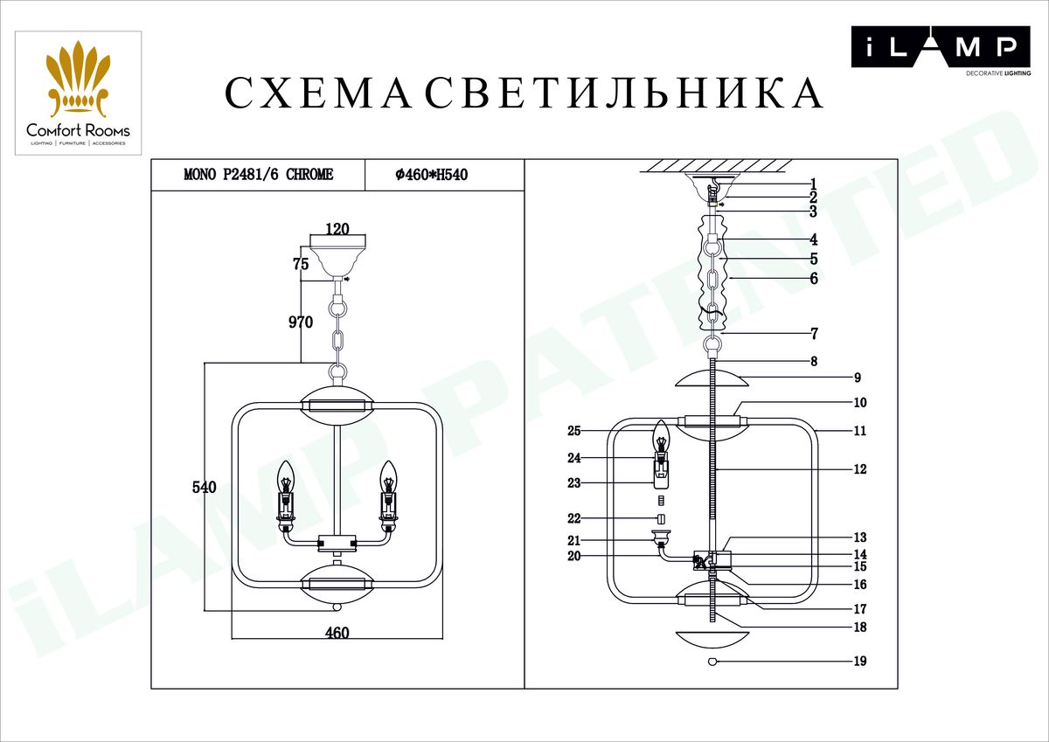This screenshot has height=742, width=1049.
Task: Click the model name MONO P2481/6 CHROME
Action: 258,175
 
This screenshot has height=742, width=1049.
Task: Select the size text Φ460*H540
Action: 433,175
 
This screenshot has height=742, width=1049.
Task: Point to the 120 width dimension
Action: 337,230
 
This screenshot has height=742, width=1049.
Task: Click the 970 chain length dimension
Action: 301,322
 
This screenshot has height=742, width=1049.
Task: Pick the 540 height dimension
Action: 204,488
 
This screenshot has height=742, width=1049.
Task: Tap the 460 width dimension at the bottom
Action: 337,633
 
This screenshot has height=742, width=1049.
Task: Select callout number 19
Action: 859,662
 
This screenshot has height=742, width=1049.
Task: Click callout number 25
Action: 573,431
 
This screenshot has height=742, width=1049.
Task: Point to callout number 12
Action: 859,469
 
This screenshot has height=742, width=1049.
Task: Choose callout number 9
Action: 858,378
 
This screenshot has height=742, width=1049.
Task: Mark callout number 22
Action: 573,518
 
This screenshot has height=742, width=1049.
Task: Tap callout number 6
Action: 813,279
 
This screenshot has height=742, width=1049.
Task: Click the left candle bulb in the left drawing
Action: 285,479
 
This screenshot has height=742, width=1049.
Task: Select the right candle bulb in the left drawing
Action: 387,479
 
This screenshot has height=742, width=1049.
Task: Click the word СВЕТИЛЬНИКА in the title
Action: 625,94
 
